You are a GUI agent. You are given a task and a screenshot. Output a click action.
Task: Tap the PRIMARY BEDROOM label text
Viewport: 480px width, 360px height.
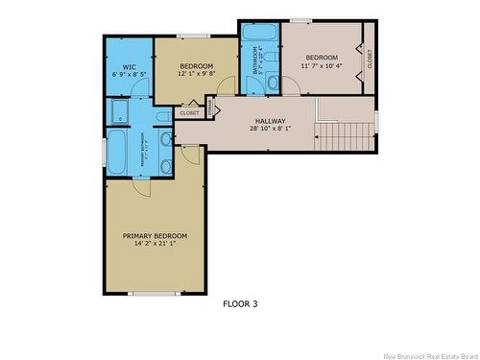tap(155, 236)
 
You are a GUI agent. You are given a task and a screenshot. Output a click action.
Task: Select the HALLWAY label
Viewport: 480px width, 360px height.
tap(270, 121)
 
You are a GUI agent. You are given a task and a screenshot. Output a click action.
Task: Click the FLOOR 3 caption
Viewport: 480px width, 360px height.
tap(240, 304)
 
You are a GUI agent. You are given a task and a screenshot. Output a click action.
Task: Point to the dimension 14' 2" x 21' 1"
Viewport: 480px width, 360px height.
tap(155, 244)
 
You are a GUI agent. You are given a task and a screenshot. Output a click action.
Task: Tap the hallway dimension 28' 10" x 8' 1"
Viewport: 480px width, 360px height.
tap(270, 129)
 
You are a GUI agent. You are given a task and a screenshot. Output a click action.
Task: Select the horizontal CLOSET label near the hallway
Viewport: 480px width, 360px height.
tap(189, 112)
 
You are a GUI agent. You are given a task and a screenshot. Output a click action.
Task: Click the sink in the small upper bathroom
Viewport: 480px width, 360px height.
tap(273, 84)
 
